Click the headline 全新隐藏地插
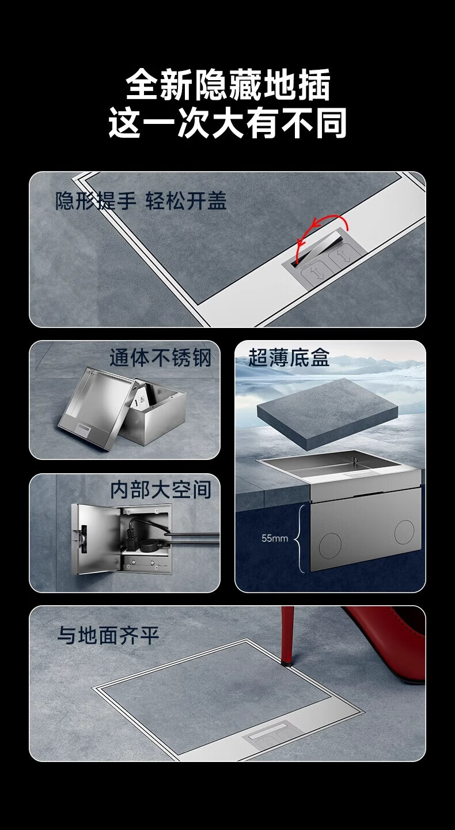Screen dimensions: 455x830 pyautogui.click(x=227, y=85)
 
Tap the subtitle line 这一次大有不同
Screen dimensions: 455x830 pyautogui.click(x=227, y=123)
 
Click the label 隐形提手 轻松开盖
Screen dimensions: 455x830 pyautogui.click(x=141, y=201)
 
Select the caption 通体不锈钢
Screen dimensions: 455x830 pyautogui.click(x=160, y=359)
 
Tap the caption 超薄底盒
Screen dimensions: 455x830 pyautogui.click(x=289, y=357)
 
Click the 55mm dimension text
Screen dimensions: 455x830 pyautogui.click(x=274, y=538)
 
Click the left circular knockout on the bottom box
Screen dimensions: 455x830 pyautogui.click(x=329, y=546)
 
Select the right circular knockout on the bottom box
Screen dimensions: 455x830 pyautogui.click(x=404, y=532)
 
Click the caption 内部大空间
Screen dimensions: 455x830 pyautogui.click(x=161, y=490)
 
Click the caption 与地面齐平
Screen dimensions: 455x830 pyautogui.click(x=108, y=635)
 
